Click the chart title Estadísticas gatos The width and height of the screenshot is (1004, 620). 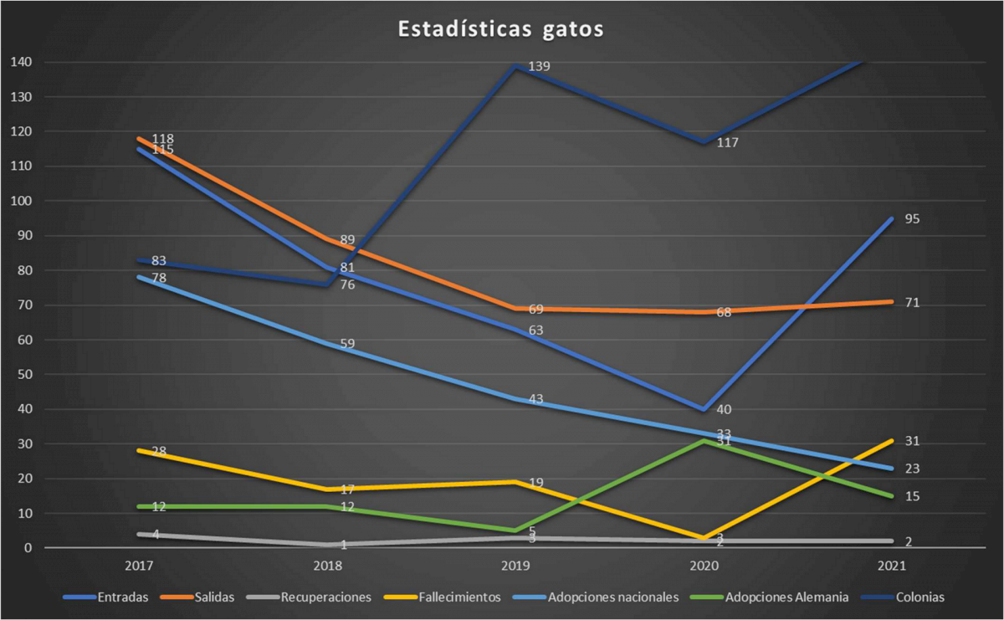click(x=501, y=28)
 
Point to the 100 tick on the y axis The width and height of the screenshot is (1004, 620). click(x=22, y=201)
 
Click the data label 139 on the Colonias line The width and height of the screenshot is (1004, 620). click(x=539, y=66)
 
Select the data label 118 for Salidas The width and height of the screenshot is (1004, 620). click(x=162, y=139)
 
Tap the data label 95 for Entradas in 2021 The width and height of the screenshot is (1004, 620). click(x=911, y=219)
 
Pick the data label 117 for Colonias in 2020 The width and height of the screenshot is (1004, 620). click(x=726, y=143)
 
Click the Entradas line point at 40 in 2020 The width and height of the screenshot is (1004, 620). click(x=704, y=409)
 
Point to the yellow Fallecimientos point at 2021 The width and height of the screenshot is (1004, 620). click(x=893, y=440)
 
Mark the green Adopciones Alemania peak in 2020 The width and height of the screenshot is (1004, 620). click(x=704, y=441)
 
